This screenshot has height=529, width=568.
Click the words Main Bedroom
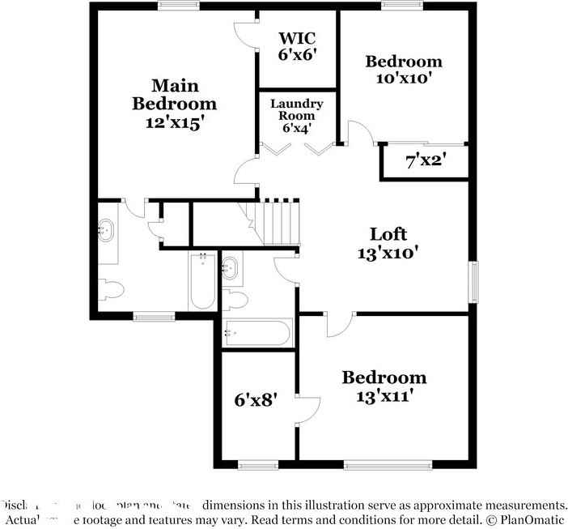(x=175, y=94)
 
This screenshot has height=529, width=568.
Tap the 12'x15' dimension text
(x=175, y=122)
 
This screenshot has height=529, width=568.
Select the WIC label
(x=296, y=38)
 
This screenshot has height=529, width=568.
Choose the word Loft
(x=388, y=234)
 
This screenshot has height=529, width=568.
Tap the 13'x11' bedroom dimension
(x=384, y=396)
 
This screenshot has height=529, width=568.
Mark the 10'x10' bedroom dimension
(x=403, y=79)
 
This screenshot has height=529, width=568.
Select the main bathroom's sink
(x=106, y=230)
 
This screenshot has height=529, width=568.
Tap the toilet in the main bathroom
(x=110, y=289)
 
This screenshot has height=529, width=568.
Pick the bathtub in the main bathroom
(x=202, y=282)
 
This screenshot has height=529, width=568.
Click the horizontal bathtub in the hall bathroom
(x=257, y=333)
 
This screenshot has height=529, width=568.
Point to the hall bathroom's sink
(x=231, y=267)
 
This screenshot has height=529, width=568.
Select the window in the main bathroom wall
(x=153, y=317)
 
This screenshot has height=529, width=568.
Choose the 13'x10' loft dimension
(x=388, y=253)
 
